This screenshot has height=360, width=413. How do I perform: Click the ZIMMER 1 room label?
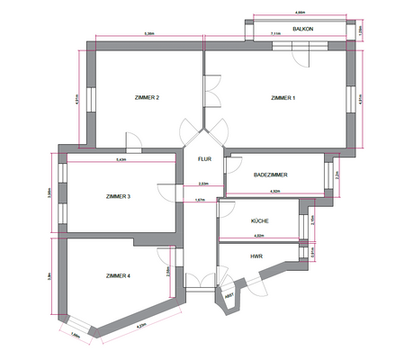(x=283, y=97)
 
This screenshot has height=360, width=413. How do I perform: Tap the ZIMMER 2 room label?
(x=146, y=97)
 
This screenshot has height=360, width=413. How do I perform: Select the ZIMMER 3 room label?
(x=119, y=196)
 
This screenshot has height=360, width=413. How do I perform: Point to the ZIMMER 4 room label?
(x=118, y=275)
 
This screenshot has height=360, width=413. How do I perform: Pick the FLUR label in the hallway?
(x=203, y=159)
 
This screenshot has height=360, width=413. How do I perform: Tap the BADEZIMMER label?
(x=272, y=173)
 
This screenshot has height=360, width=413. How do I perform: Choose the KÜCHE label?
(x=260, y=220)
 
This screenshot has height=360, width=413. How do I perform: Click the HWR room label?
(x=256, y=256)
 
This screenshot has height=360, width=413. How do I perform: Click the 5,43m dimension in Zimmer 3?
(x=121, y=160)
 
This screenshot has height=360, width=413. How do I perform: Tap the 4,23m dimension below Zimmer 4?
(x=141, y=327)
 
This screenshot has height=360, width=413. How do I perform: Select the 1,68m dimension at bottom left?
(x=75, y=336)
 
